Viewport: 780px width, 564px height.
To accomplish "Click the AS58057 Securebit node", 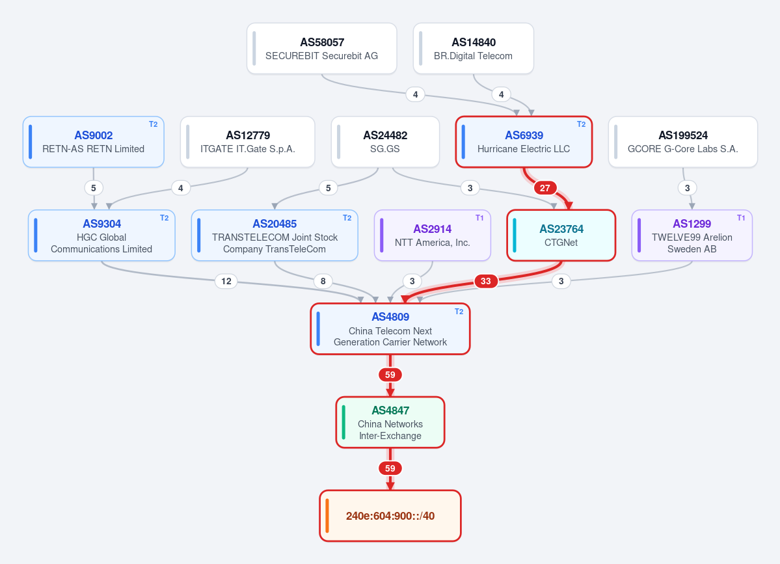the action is pos(322,49).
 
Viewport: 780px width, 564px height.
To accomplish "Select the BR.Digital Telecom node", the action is pos(474,49).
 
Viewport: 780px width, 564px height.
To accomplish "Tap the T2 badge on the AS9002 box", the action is pos(154,124).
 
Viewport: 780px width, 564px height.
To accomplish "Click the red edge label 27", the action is pos(545,188).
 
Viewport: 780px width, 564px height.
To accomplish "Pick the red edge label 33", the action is pos(485,281).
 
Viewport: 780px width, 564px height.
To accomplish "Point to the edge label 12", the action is pos(226,281).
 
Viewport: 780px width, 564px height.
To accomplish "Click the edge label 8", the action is pos(323,281).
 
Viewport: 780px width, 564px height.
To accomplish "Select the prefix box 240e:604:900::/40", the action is pos(390,516).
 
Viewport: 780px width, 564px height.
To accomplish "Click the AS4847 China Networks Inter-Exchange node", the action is pos(390,422).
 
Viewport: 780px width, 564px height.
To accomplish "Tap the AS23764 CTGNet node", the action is pos(561,235).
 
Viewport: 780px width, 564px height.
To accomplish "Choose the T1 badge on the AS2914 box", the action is pos(479,218).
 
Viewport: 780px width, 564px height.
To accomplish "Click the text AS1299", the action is pos(692,224).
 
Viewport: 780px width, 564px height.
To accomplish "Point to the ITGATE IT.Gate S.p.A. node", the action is pos(248,142).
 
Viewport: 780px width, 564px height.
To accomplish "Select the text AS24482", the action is pos(385,135).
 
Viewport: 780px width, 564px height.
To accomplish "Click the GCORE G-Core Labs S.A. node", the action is pos(683,142).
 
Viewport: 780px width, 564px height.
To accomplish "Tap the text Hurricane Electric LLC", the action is pos(524,149).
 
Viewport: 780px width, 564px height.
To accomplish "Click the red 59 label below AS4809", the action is pos(390,375).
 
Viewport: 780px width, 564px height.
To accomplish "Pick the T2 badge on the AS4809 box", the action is pos(459,312).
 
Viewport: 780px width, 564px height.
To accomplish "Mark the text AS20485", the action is pos(275,224).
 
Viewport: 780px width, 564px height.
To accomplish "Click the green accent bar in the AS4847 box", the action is pos(343,422).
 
